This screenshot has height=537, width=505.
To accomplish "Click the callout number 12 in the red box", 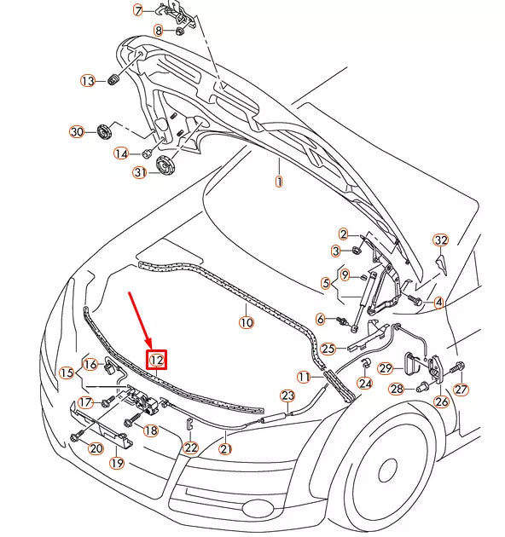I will tap(157, 361).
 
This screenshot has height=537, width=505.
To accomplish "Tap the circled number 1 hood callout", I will tap(277, 182).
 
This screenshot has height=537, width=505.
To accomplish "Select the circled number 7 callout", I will tap(138, 11).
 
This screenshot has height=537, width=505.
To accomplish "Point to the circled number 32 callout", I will tap(440, 240).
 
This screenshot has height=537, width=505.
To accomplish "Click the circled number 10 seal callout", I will tap(246, 323).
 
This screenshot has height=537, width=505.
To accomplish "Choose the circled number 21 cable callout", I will tap(226, 447).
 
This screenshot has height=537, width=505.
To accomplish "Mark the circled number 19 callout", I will tap(117, 463).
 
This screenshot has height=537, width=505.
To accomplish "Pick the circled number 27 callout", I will tap(461, 390).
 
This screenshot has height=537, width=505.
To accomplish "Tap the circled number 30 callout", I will tap(77, 131).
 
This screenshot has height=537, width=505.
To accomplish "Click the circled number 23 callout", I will tap(287, 396).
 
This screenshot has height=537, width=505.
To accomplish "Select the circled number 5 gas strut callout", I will tap(326, 282).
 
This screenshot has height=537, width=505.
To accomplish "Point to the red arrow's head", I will tap(150, 345).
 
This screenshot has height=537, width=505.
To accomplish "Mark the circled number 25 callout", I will tap(328, 348).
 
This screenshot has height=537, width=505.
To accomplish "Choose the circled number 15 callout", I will tap(67, 372).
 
